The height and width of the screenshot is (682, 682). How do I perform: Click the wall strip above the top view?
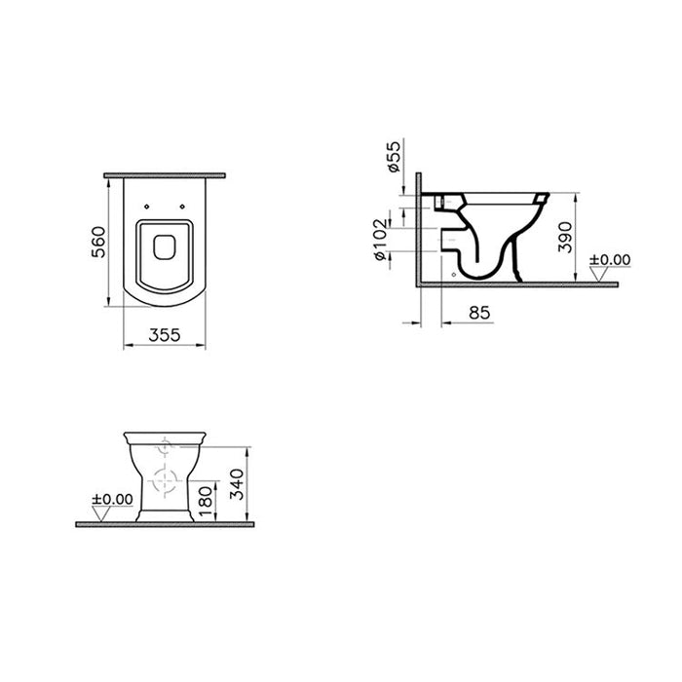click(x=165, y=171)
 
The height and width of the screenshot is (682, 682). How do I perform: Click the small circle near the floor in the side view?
click(x=456, y=276)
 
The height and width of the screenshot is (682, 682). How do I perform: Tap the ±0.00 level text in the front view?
click(x=112, y=499)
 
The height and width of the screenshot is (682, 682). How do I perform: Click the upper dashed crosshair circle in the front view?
click(x=165, y=448)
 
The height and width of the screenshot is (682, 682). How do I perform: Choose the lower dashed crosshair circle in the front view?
click(x=165, y=480)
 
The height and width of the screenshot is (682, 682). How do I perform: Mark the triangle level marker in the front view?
click(x=105, y=514)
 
